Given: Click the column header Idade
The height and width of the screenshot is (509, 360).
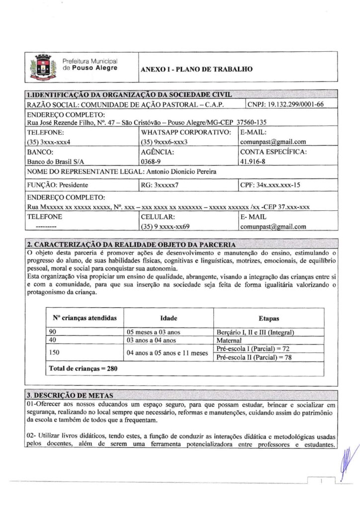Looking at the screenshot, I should point(169,318).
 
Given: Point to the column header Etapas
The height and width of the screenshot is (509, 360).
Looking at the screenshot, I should point(269,318).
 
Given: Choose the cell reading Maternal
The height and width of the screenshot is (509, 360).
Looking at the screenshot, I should point(229,340).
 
